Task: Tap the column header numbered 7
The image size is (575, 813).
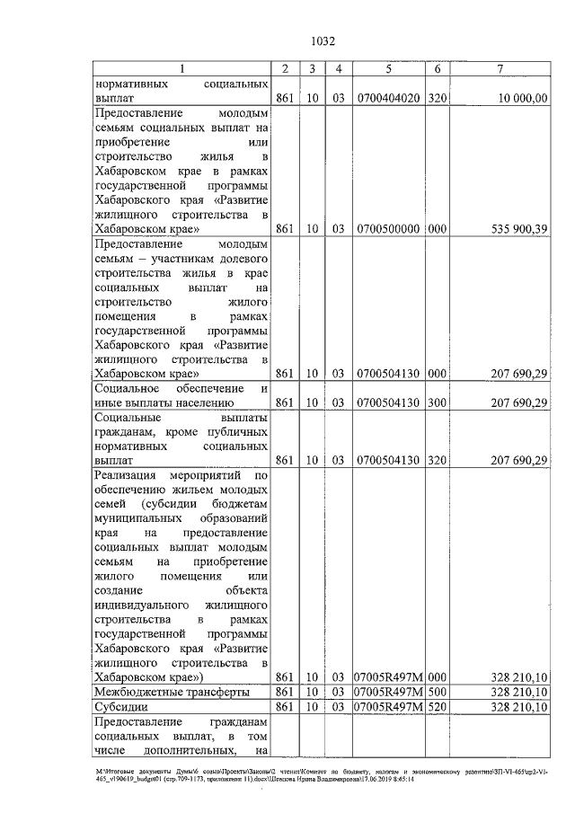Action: click(x=499, y=69)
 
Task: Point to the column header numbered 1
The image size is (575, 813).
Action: click(x=183, y=69)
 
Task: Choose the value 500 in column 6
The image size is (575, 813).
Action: click(x=437, y=693)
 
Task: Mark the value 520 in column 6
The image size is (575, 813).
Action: click(x=437, y=708)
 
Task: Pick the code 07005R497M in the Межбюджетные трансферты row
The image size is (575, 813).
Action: click(x=389, y=693)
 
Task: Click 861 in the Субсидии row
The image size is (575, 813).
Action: click(x=284, y=708)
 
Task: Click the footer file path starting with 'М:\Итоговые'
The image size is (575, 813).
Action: click(x=323, y=775)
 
